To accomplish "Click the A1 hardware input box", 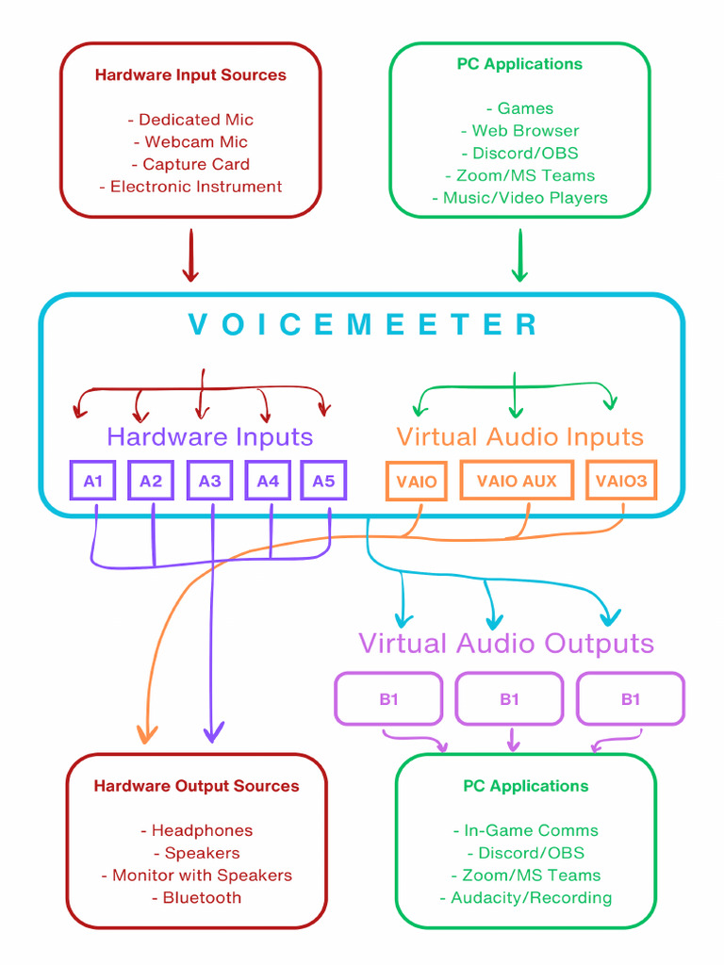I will pos(92,481).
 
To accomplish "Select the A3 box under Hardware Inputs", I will pos(209,481).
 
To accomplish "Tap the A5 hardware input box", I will pos(323,481).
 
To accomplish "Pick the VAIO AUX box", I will pos(517,481).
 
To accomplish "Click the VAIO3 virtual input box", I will pos(621,481).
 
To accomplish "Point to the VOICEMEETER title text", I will pos(363,325).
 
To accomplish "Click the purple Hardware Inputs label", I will pos(209,437).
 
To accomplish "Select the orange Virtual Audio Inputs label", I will pos(519,437).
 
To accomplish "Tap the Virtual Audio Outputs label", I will pos(505,644).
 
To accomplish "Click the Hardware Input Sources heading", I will pos(190,75).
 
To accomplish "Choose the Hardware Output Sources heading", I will pos(196,786).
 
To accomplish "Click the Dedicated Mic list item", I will pos(190,120).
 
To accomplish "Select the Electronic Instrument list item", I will pos(190,187).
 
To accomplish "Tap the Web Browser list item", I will pos(519,131).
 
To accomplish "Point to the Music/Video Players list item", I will pos(519,198).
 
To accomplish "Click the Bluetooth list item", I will pos(196,897).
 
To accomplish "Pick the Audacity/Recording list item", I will pos(525,897).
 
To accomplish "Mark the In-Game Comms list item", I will pos(525,830).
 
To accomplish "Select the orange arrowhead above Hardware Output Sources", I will pos(146,733).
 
